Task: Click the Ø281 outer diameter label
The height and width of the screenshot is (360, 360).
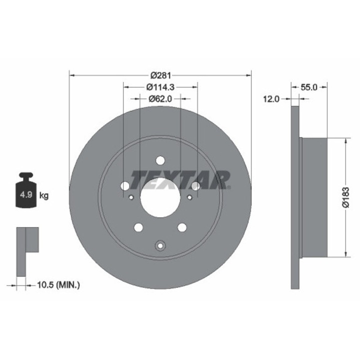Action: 160,75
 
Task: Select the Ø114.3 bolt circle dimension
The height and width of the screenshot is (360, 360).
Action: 160,87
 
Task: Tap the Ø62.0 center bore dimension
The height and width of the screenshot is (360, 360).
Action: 160,98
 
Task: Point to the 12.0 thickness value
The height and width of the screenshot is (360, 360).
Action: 270,99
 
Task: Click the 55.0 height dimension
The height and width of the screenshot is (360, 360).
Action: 309,87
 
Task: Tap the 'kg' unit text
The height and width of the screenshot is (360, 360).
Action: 44,195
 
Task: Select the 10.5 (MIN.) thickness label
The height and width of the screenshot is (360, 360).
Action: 58,285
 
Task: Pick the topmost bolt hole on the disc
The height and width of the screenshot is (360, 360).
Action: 160,160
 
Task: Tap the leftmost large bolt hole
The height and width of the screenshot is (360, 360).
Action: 124,186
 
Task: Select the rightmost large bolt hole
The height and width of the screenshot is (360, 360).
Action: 195,186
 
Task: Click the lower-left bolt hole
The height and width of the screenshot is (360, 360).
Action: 138,227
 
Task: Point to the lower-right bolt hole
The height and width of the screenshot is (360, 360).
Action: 182,227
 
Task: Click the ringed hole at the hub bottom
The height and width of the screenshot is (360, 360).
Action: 160,245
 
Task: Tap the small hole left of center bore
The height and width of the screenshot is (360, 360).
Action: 131,197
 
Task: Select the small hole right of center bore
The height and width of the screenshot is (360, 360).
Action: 189,197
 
